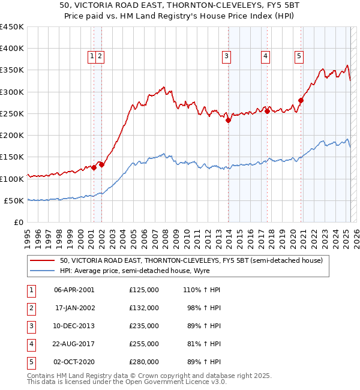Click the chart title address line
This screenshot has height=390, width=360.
click(180, 5)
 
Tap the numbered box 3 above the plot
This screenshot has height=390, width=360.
click(227, 57)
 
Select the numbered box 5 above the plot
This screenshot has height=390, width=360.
click(299, 57)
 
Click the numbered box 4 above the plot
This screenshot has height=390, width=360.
click(265, 57)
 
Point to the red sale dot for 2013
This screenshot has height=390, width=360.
click(228, 120)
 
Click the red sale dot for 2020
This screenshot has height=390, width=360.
click(301, 101)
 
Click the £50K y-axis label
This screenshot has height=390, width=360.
click(14, 200)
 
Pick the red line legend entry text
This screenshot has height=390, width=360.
click(191, 261)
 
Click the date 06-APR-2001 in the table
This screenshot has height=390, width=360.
click(74, 290)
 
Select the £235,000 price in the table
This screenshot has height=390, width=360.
click(144, 326)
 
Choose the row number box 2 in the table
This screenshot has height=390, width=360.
click(30, 308)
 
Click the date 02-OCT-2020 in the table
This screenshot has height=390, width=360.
click(74, 362)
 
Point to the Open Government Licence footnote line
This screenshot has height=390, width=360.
click(127, 382)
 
